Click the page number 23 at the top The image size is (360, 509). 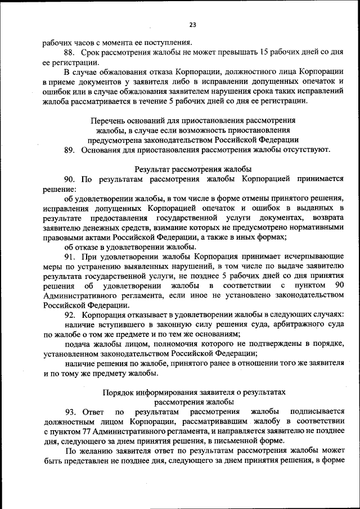click(192, 25)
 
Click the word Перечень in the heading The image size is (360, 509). click(107, 120)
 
